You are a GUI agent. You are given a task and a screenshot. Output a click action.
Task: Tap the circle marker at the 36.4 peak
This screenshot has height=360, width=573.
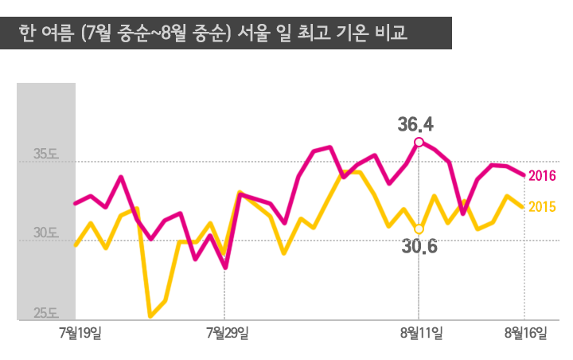pos(419,143)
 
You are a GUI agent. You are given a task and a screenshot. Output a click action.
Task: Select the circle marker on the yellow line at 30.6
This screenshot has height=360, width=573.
pos(419,229)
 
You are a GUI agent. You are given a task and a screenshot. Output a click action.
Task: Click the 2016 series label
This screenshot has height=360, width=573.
pos(541,176)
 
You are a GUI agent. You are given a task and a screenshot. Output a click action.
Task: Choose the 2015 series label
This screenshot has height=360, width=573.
pos(541,207)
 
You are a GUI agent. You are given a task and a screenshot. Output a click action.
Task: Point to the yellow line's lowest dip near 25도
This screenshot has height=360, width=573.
pos(150,316)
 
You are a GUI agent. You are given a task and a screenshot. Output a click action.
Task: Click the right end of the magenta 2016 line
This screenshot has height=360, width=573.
pos(523,174)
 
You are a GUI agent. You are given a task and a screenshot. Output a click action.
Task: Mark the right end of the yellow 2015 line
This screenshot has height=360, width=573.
pos(522,206)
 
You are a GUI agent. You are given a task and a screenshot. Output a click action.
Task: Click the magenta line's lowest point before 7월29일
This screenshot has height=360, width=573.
pos(225,268)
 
